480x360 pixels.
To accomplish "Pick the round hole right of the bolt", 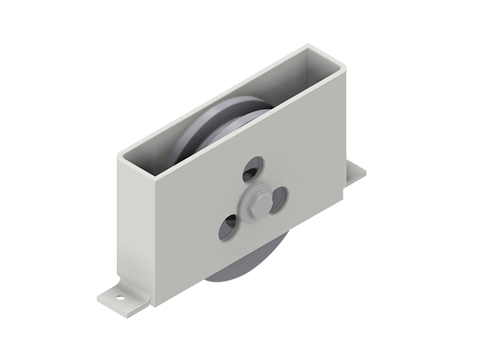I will tap(279, 199).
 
